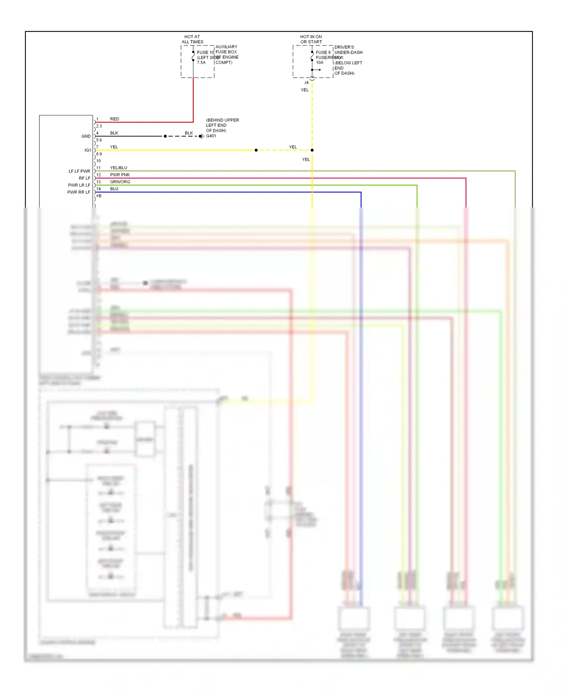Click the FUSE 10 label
pos(205,52)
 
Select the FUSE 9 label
pos(323,52)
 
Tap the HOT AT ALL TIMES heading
pos(192,39)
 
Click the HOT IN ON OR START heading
pos(311,39)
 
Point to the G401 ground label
pos(211,136)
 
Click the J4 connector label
pos(306,83)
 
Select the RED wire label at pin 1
pos(114,119)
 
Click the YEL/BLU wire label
pos(119,168)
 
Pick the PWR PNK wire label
pos(120,175)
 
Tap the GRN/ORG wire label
pos(120,182)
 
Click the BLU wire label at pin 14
pos(114,189)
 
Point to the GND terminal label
pos(86,136)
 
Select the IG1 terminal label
pos(87,150)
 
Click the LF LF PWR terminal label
pos(79,171)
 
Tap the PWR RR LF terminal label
pos(79,192)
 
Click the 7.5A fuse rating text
pos(201,62)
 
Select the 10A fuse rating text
pos(320,62)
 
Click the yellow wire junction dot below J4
pos(312,150)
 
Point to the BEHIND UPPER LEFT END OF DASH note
pos(222,125)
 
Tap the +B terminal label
pos(99,196)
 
